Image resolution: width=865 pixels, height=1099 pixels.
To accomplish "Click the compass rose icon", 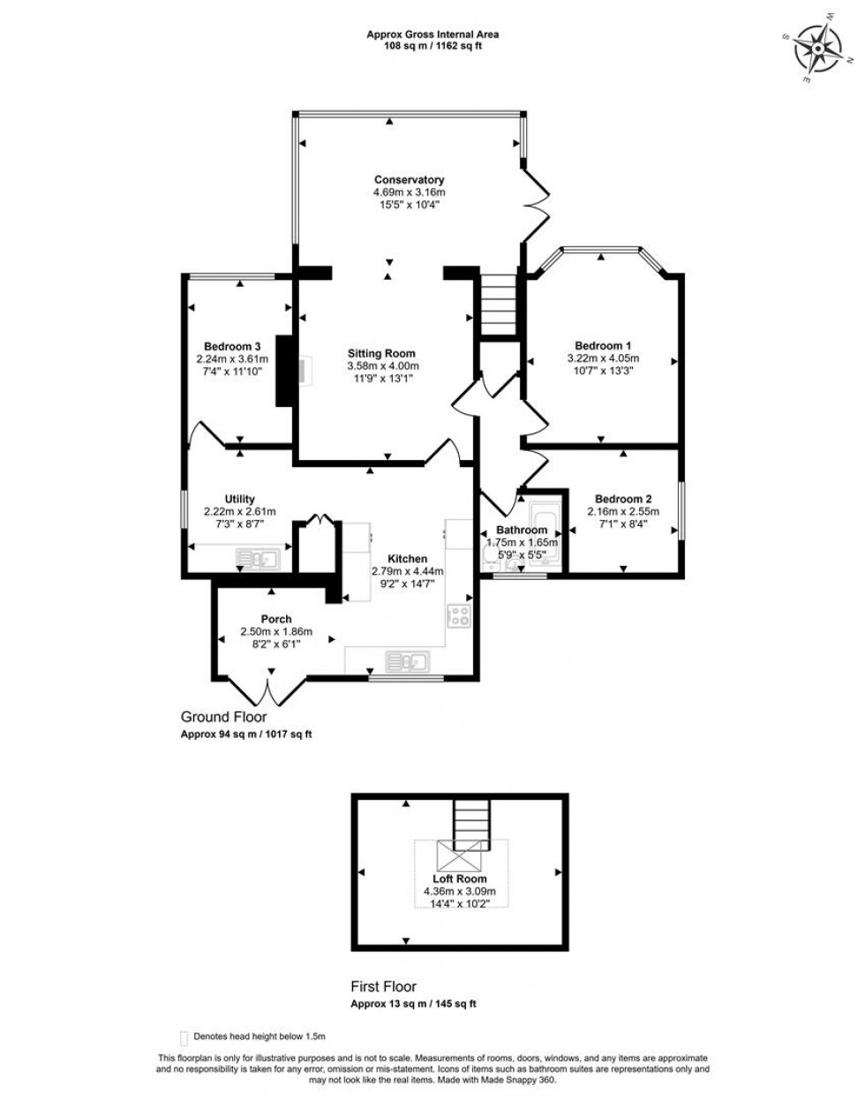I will tap(818, 48).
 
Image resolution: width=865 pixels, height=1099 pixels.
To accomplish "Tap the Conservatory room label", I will tap(409, 180).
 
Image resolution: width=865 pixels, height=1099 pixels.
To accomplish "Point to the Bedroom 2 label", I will tap(623, 498).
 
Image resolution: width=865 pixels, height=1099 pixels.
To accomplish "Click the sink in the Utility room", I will tap(257, 558).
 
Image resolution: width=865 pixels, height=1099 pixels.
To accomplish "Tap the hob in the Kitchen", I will tap(460, 615).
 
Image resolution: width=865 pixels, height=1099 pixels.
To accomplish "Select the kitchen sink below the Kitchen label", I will tap(407, 660).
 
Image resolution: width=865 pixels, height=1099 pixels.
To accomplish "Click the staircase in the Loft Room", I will tap(471, 822).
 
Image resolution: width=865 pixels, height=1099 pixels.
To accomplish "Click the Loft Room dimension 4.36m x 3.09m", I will tap(459, 892).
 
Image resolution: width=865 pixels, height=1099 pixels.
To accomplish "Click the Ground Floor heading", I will tap(223, 717).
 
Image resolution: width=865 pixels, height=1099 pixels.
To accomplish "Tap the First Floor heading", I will tap(384, 987).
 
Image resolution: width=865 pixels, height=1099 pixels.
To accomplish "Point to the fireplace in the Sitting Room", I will tap(303, 371).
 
